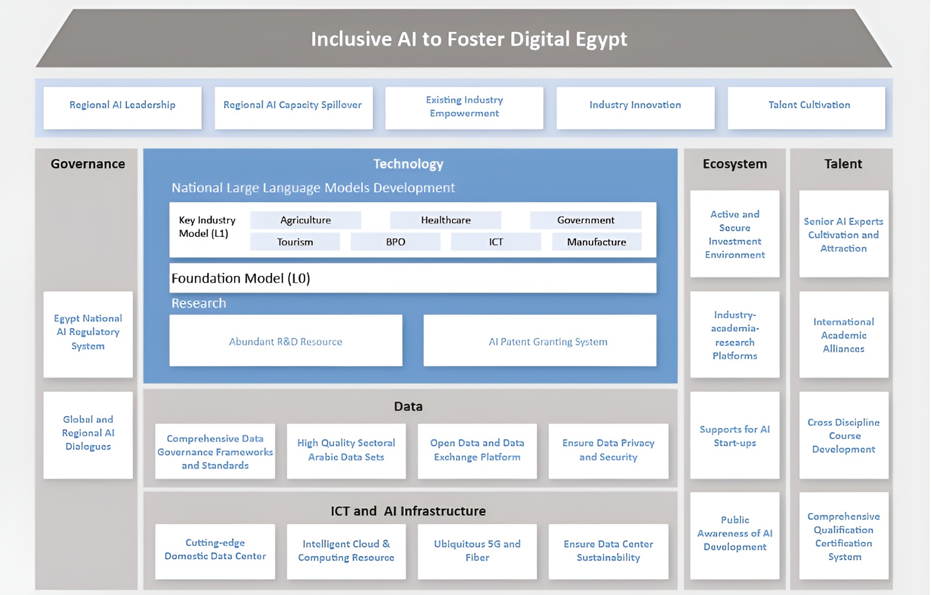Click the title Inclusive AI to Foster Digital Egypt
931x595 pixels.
[468, 39]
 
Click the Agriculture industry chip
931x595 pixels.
[305, 220]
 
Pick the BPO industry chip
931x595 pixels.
[395, 241]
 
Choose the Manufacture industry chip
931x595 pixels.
[596, 241]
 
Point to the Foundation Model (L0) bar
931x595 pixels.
[413, 278]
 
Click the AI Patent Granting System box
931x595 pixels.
[540, 341]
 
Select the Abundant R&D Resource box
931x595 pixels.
[286, 341]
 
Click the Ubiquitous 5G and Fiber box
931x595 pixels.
[477, 551]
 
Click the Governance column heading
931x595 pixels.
[88, 164]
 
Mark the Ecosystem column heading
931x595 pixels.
[735, 164]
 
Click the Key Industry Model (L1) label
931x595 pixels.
[207, 227]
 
